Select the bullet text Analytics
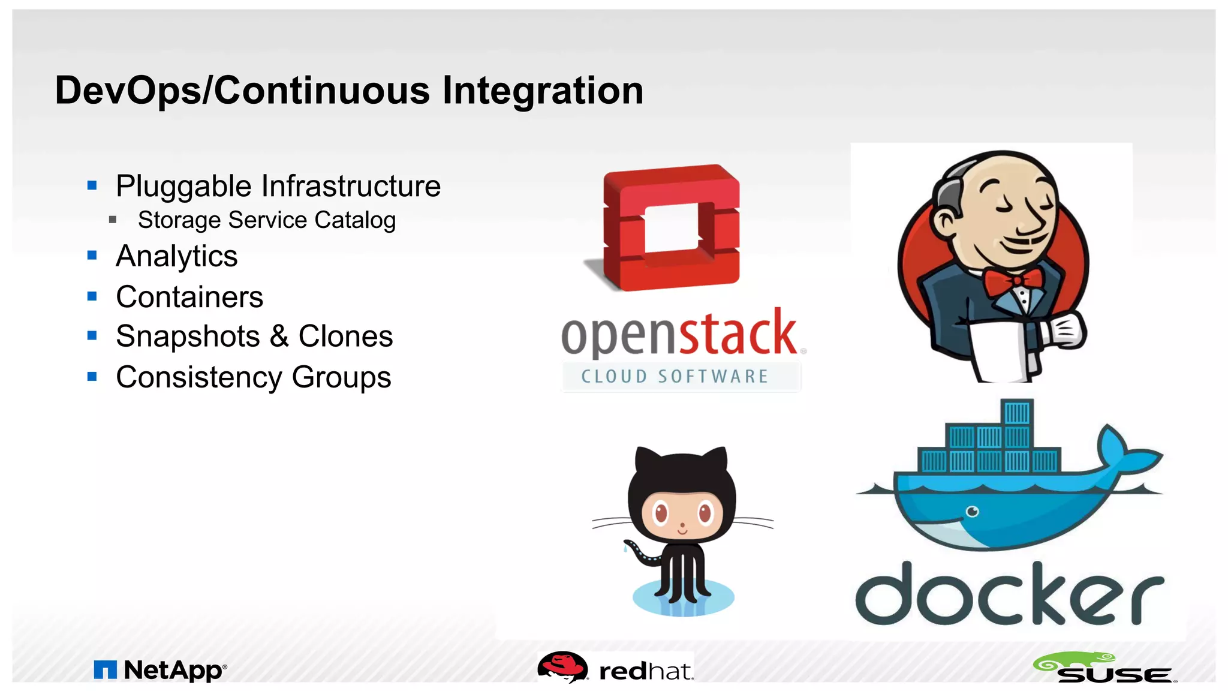click(x=176, y=256)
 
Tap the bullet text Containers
click(x=189, y=297)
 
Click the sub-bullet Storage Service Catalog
click(x=267, y=220)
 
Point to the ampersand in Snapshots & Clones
click(x=279, y=336)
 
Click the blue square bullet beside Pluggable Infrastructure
click(x=92, y=185)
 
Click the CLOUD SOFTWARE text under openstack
click(x=675, y=377)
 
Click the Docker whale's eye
click(x=972, y=511)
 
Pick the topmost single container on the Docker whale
click(x=1017, y=413)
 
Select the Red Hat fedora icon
click(x=562, y=666)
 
